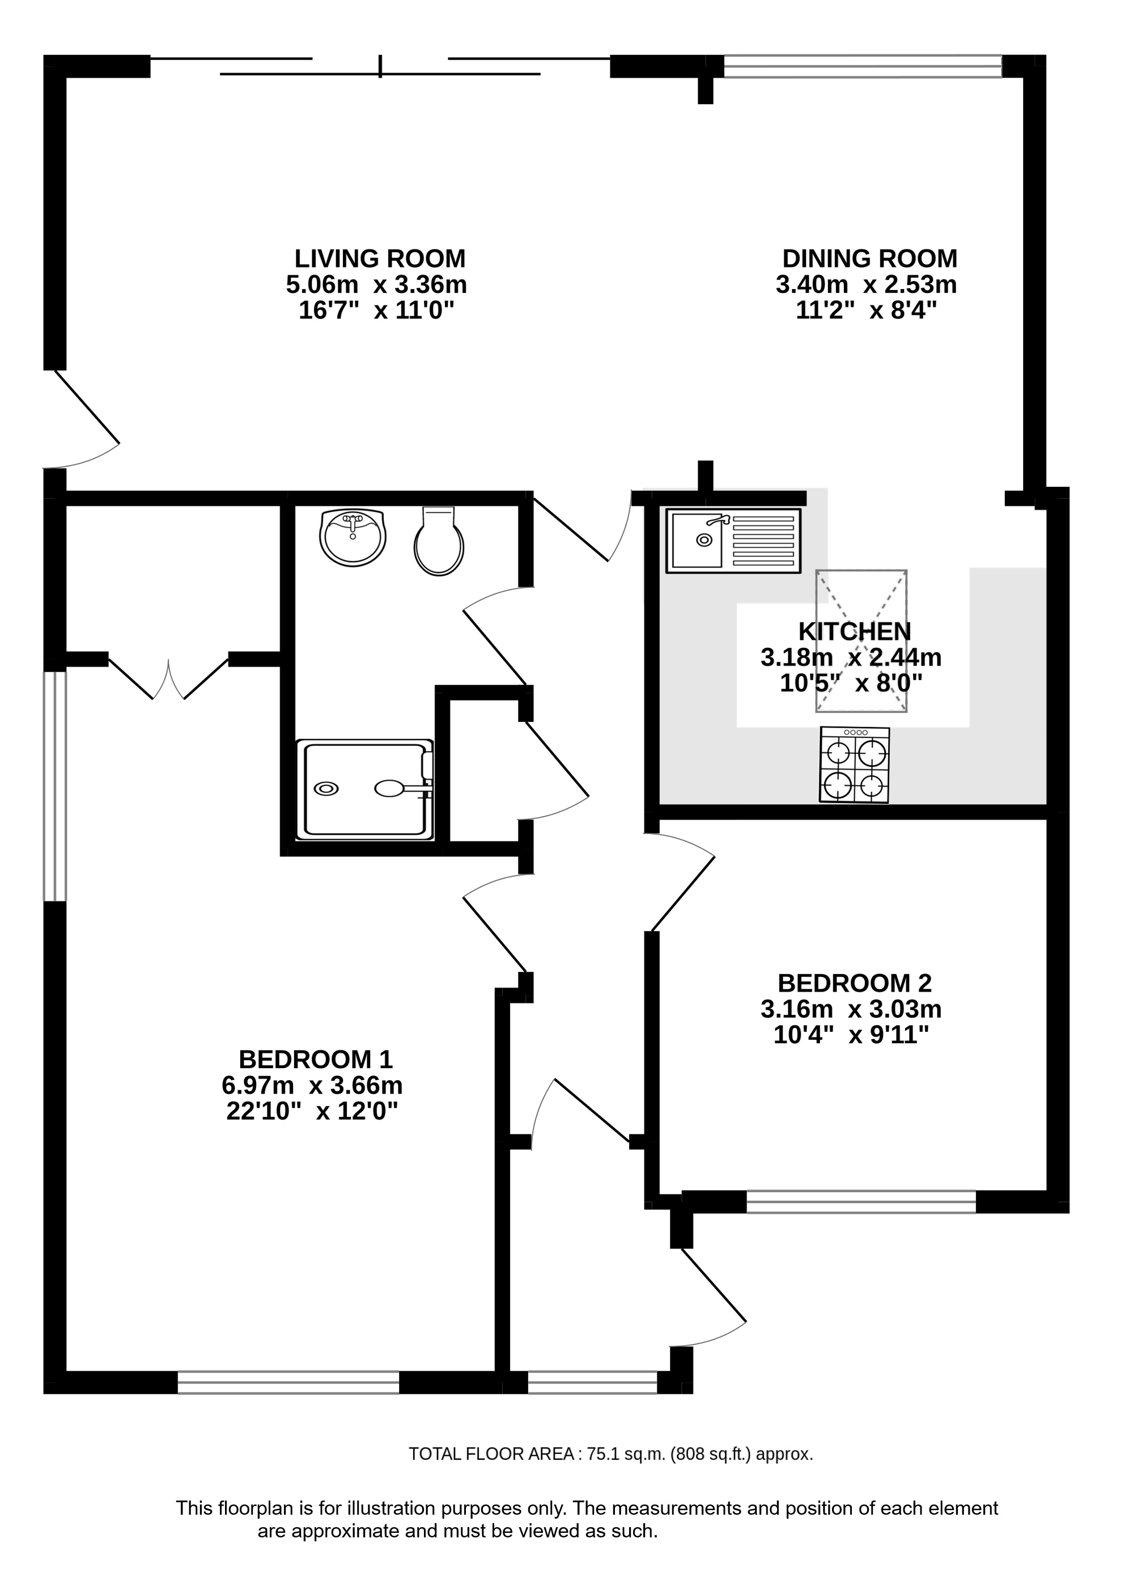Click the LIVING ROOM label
tap(380, 258)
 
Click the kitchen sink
tap(733, 541)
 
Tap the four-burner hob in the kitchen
tap(854, 765)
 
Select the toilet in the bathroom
tap(439, 540)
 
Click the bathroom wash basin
tap(353, 537)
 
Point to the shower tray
tap(365, 789)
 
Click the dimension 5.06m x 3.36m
tap(376, 285)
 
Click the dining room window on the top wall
tap(863, 66)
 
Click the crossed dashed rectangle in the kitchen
tap(861, 641)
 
